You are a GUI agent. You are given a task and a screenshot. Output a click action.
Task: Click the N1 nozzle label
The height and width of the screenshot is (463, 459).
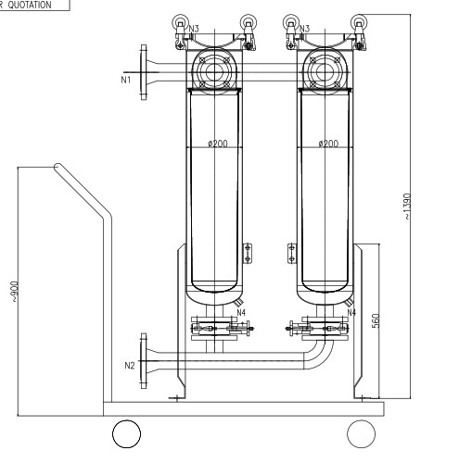click(x=125, y=81)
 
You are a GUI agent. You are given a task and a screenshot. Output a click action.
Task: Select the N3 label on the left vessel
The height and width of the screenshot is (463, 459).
click(x=193, y=30)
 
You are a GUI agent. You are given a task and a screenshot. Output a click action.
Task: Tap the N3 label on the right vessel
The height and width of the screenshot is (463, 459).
click(x=303, y=30)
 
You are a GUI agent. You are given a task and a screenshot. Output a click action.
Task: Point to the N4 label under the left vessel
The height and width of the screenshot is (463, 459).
click(x=240, y=312)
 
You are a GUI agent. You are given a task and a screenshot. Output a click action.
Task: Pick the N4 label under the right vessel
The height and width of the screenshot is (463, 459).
click(x=351, y=312)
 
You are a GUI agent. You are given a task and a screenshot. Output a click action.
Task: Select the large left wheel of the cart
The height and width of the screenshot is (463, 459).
click(x=127, y=433)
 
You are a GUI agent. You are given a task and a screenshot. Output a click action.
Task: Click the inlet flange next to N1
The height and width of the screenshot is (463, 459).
click(x=142, y=70)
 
